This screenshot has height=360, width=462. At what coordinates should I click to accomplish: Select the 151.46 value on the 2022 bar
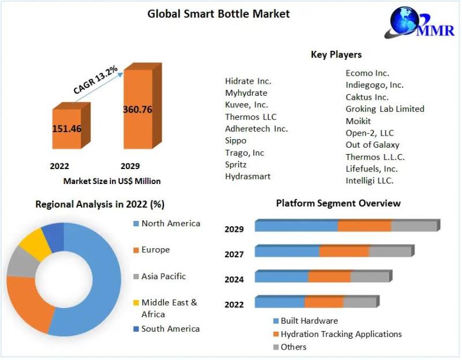pos(66,128)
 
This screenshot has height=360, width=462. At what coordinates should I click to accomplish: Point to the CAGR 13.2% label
pos(96,80)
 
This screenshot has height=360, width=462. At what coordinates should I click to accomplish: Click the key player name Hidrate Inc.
pos(248,81)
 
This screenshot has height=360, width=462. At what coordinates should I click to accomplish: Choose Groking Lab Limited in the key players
pos(385,108)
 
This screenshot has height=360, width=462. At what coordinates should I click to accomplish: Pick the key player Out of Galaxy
pos(372,145)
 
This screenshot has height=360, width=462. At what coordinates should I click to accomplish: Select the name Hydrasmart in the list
pos(248,176)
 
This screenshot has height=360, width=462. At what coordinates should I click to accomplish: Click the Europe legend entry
pos(155,250)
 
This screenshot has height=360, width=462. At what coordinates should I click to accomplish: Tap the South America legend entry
pos(170,329)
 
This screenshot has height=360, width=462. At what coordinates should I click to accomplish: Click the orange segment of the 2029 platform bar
pos(364,226)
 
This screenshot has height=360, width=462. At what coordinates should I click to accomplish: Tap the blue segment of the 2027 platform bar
pos(287,252)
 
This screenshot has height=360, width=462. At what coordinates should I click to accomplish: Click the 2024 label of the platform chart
pos(234,279)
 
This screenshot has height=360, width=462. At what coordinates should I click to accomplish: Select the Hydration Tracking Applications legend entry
pos(341,334)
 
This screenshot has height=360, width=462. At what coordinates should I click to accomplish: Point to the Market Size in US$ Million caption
pos(112,181)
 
